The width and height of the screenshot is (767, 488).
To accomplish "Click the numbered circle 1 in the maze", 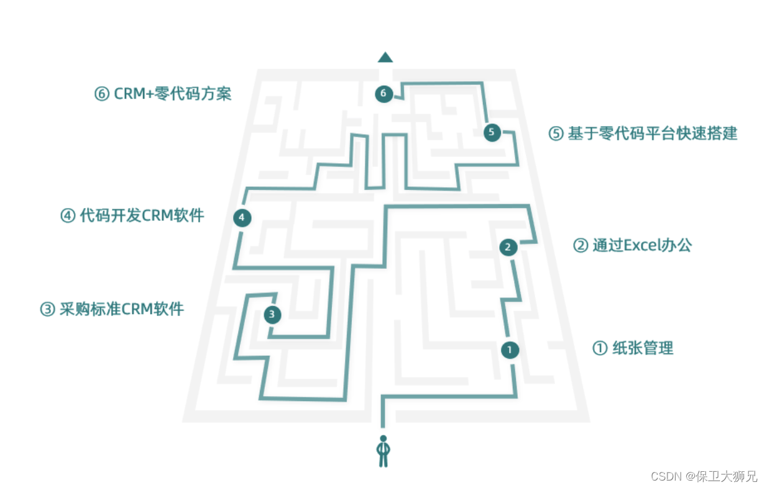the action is [x=510, y=350].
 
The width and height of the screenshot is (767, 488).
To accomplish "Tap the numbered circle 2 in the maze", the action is [x=508, y=247].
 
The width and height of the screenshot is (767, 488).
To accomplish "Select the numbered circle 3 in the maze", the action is [x=272, y=315].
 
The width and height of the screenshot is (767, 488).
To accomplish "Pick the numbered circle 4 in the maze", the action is [x=242, y=217].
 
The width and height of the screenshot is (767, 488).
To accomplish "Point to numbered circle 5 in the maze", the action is [x=492, y=132].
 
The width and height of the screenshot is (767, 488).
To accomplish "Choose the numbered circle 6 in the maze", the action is [x=384, y=94].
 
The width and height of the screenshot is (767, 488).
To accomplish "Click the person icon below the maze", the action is [x=383, y=451].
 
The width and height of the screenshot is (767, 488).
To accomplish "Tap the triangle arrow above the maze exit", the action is [x=385, y=58].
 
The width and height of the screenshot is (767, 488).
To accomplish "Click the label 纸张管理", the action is [x=643, y=348].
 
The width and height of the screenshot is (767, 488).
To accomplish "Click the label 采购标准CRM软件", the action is [x=122, y=309].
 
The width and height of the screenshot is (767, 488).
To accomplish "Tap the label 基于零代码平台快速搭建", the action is [x=652, y=133].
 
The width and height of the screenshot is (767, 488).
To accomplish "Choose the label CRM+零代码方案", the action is [x=173, y=94].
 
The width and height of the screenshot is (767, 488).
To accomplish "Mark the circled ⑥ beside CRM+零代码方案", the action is [x=101, y=94].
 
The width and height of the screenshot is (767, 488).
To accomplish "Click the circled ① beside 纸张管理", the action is [x=600, y=348].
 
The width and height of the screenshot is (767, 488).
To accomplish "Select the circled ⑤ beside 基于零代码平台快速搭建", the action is [x=556, y=133].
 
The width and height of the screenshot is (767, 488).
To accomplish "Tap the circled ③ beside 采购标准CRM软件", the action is [x=47, y=309].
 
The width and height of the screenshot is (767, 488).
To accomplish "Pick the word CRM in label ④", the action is [x=158, y=216].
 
